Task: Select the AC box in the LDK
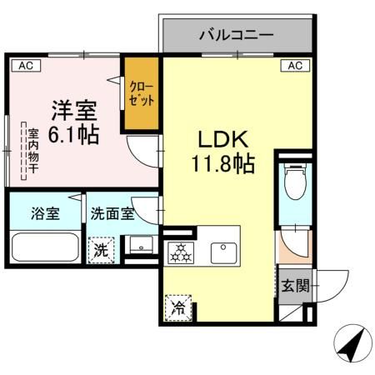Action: click(x=294, y=65)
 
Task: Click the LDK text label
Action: click(x=218, y=138)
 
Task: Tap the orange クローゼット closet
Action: click(x=142, y=92)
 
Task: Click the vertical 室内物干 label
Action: click(x=32, y=151)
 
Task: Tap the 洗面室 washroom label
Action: click(x=112, y=212)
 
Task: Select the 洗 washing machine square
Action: click(x=101, y=248)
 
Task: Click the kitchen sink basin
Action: click(x=222, y=249)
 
